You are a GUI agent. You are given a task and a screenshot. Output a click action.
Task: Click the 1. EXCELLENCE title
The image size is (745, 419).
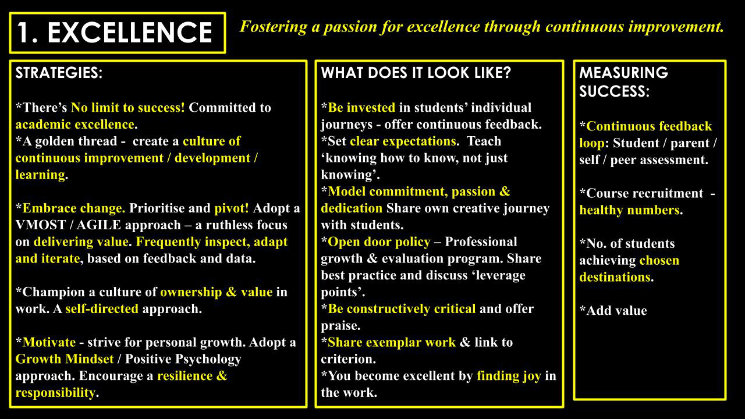(x=115, y=32)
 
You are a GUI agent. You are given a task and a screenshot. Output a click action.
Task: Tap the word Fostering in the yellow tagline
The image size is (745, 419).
(x=273, y=27)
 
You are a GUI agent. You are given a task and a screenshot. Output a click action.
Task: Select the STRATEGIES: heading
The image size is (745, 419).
(x=59, y=73)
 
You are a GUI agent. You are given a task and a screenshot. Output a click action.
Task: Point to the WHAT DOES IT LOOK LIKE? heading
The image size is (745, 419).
(x=416, y=73)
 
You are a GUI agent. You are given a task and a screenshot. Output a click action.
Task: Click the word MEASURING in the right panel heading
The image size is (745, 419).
(x=623, y=73)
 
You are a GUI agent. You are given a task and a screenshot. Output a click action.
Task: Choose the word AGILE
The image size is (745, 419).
(x=98, y=225)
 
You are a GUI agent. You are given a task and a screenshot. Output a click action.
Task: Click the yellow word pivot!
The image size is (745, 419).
(x=232, y=208)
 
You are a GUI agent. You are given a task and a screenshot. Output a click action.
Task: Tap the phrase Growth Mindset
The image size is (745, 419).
(x=65, y=359)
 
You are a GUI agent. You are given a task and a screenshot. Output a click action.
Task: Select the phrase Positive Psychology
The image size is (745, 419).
(x=183, y=360)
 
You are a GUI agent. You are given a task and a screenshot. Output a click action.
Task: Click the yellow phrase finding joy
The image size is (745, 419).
(x=509, y=377)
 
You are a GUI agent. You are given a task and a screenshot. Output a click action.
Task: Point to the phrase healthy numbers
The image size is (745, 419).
(x=629, y=210)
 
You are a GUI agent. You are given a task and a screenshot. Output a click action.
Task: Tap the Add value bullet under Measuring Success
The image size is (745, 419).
(x=613, y=311)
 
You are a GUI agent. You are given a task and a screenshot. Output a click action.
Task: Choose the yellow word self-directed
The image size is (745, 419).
(x=102, y=309)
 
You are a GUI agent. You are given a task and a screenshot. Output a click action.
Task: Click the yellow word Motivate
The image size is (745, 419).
(x=49, y=342)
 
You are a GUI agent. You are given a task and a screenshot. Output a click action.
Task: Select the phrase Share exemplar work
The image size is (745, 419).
(x=392, y=343)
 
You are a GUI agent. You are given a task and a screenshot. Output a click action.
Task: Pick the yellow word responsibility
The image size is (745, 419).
(x=55, y=393)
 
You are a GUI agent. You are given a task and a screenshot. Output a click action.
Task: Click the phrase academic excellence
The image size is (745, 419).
(x=75, y=125)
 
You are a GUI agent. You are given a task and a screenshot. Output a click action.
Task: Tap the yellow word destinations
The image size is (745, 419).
(x=615, y=277)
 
